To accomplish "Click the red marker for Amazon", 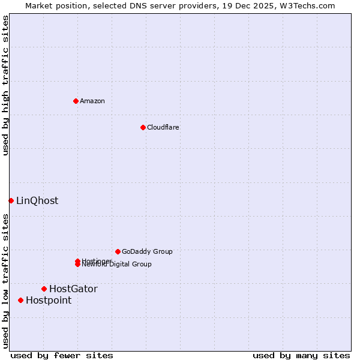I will [x=76, y=101].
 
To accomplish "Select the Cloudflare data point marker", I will [x=143, y=127].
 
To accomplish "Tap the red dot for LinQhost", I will [x=11, y=200].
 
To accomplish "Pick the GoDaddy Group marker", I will [x=118, y=251].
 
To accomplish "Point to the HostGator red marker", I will [x=44, y=289].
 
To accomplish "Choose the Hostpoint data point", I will [x=20, y=300].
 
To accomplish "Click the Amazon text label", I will [x=92, y=101].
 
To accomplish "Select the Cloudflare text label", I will [x=163, y=127].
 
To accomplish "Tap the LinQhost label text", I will [x=37, y=200].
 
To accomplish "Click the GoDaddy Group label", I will [x=147, y=251].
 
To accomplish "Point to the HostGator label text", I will [x=73, y=289].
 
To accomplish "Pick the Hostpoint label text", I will [x=49, y=300].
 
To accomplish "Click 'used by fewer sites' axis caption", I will [x=62, y=355].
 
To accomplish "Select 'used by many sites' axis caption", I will [x=301, y=355].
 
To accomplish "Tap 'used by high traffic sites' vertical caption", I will [x=5, y=85].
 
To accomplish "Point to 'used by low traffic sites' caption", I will [x=5, y=281].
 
